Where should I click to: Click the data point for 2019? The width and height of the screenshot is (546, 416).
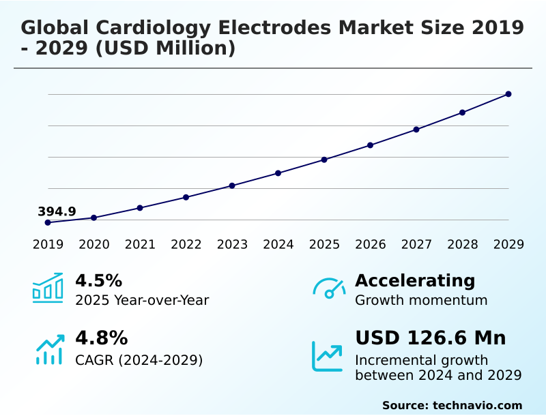point(48,222)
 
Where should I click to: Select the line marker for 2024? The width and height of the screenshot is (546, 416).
point(278,173)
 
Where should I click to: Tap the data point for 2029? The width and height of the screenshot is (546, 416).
point(508,94)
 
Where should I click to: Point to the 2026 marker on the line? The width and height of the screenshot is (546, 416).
point(371,145)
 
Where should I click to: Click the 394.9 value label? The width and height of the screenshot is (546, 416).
point(57,211)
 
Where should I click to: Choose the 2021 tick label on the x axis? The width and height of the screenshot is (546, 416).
point(140,245)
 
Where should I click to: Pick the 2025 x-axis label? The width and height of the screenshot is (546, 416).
point(324,245)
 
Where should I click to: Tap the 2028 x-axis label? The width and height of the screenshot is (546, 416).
point(463,245)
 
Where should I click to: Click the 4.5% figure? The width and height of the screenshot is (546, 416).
point(98,280)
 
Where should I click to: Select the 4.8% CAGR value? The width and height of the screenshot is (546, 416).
point(101,338)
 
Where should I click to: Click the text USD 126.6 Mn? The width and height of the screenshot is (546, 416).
point(431,338)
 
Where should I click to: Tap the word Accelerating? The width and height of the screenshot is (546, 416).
point(415,280)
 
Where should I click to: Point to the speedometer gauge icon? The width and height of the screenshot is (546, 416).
point(329,288)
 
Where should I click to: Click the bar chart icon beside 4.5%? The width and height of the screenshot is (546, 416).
point(48,288)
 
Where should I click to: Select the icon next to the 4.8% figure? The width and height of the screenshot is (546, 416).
point(49,349)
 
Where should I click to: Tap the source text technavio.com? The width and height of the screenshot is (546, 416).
point(478,405)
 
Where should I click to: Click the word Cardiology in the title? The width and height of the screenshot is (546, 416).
point(156,28)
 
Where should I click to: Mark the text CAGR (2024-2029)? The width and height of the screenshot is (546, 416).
point(139,360)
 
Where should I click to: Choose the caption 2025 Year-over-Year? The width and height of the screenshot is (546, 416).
point(142,300)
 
